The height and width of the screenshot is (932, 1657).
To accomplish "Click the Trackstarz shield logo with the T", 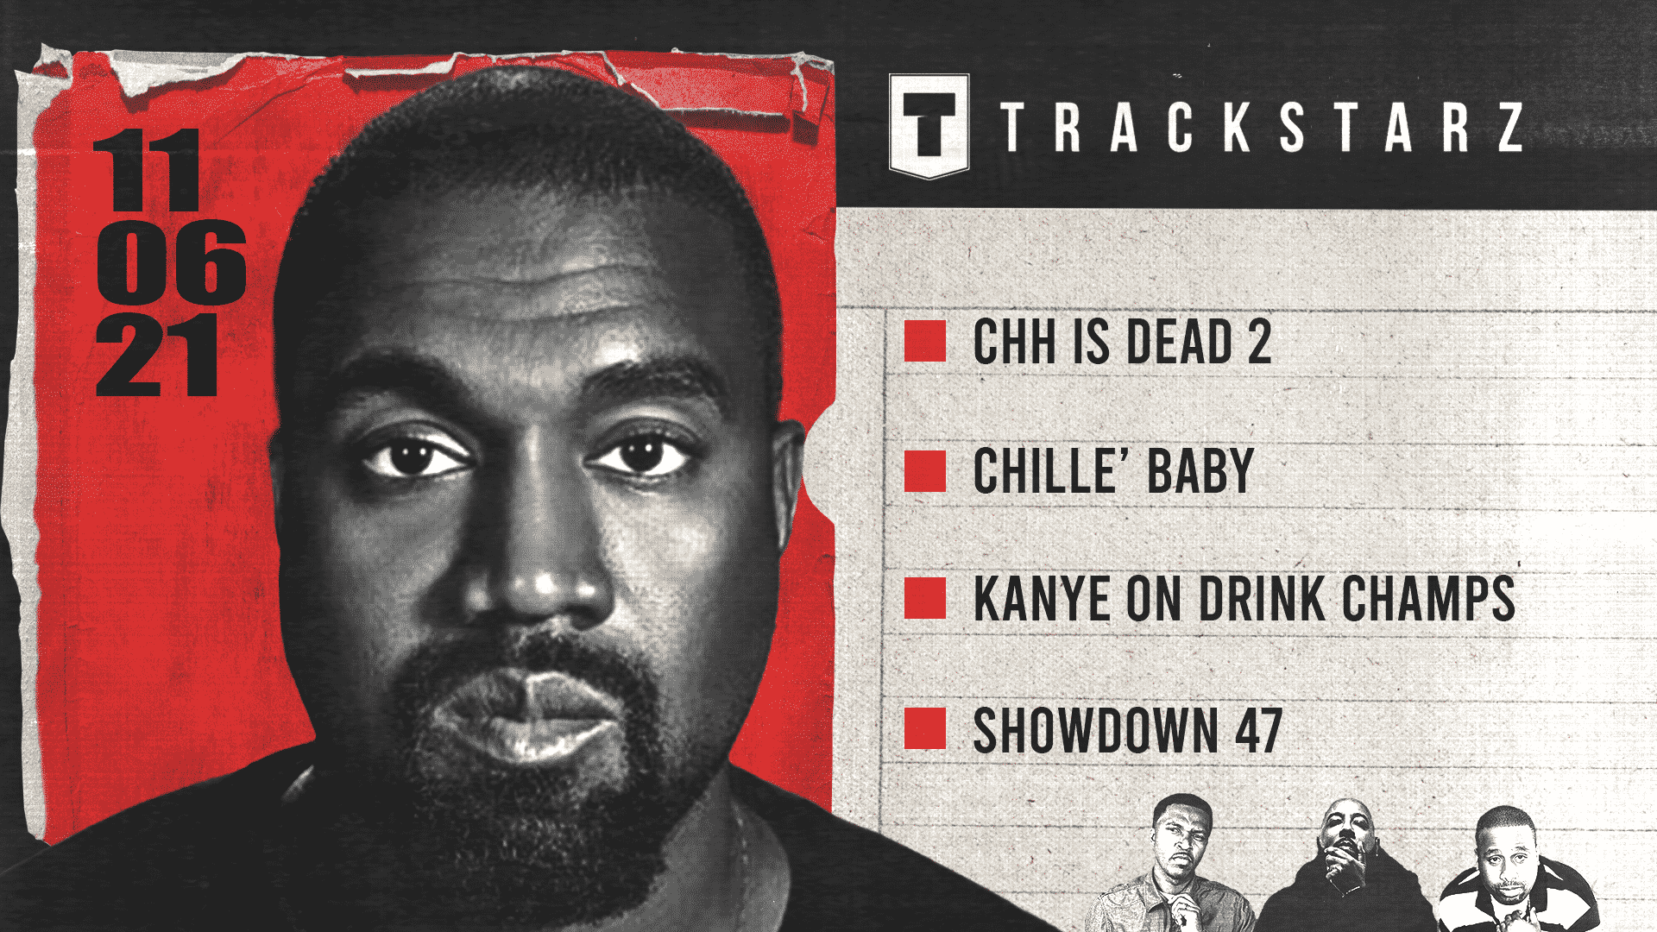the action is [x=929, y=126].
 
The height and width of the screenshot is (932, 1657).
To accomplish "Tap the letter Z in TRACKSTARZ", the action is [x=1510, y=127].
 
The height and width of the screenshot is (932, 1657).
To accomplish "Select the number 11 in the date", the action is [x=147, y=170].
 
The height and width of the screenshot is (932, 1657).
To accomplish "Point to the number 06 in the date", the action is [x=172, y=261].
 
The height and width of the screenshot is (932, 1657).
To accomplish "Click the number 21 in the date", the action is [x=157, y=355].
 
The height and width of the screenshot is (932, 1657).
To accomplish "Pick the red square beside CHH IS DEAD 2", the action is [x=925, y=341].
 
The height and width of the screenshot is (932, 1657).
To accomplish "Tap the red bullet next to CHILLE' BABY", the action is [x=925, y=471].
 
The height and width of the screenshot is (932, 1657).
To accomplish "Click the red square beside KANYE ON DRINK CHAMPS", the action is [x=925, y=598].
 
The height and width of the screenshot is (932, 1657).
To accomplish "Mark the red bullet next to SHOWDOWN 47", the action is [x=925, y=728].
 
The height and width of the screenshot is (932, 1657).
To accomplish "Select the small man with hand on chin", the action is [x=1346, y=867].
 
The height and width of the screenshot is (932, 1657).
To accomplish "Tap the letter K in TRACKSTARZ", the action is [x=1236, y=127].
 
